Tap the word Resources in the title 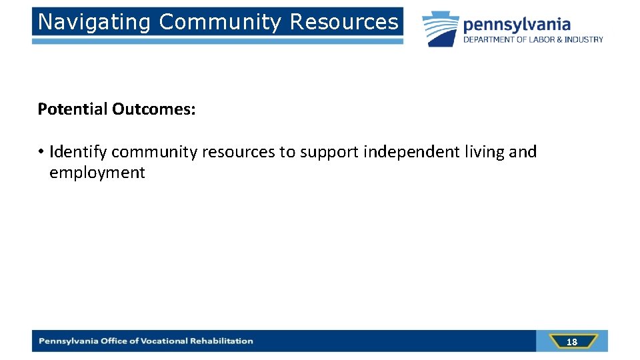pos(344,22)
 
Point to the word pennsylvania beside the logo pos(517,25)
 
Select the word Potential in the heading pos(73,109)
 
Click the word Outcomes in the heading pos(152,109)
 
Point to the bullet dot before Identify pos(41,152)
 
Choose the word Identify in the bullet pos(78,152)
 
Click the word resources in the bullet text pos(238,152)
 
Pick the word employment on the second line pos(97,173)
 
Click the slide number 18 pos(571,342)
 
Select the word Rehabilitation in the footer pos(221,341)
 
